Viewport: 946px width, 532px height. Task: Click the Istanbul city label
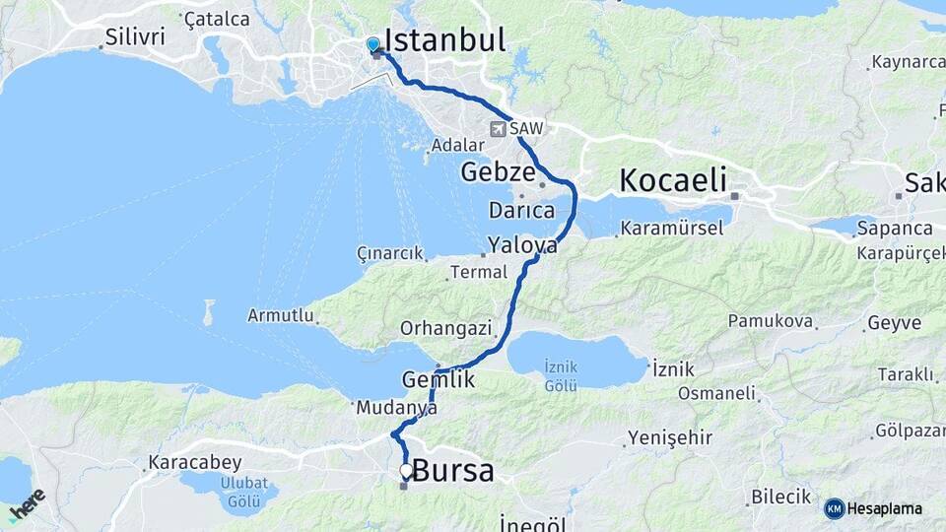444,39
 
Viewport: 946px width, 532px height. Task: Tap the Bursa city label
453,471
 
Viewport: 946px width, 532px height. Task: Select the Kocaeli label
673,180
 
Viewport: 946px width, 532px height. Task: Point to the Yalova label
522,245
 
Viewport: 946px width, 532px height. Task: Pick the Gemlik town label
439,379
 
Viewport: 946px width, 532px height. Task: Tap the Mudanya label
397,406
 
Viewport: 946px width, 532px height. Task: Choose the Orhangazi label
439,327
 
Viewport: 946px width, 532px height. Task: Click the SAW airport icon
499,128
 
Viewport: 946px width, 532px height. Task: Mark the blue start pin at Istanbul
372,44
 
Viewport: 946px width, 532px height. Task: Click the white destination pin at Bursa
406,471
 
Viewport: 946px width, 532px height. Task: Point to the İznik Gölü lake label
562,375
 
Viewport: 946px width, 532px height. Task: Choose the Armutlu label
281,316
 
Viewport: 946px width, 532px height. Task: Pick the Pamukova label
770,321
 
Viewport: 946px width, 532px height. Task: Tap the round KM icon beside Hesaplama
834,508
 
